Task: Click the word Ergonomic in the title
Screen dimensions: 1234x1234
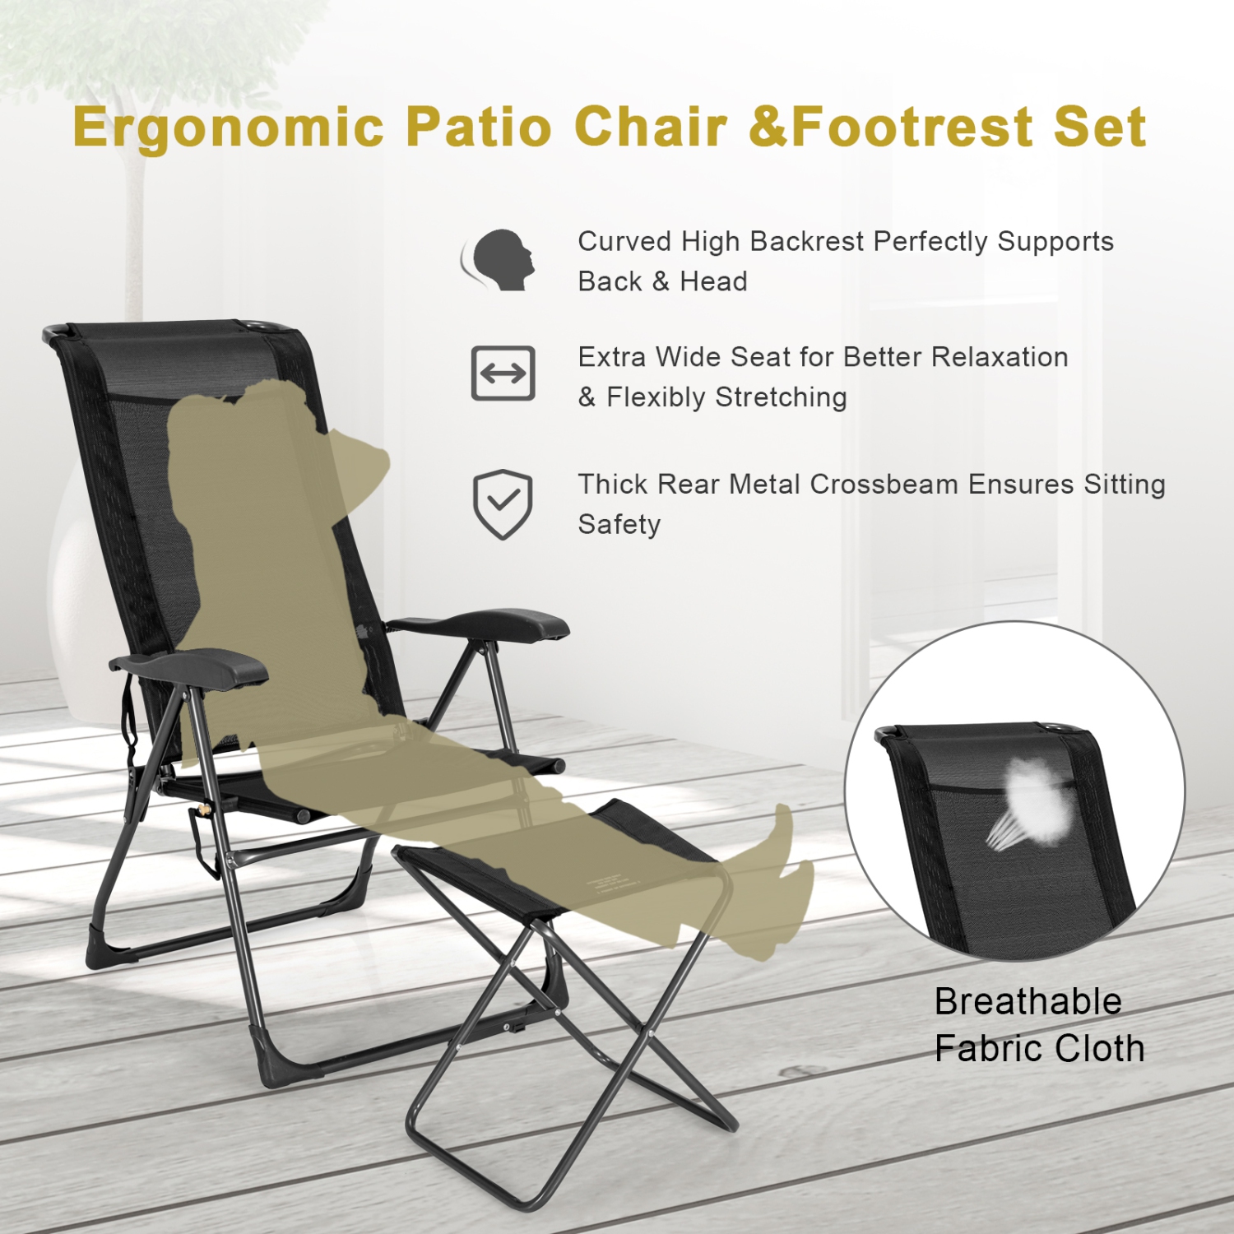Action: (228, 128)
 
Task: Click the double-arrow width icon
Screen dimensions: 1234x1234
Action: (503, 373)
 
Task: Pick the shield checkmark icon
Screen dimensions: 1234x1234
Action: (502, 504)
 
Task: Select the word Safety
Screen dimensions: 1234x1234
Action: (619, 524)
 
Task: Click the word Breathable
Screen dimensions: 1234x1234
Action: (1028, 1002)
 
